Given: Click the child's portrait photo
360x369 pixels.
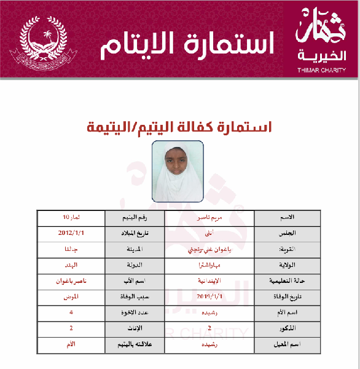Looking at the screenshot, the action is [178, 172].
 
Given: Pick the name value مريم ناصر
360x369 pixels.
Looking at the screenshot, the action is [209, 218].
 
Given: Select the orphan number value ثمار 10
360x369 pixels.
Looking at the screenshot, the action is [70, 218].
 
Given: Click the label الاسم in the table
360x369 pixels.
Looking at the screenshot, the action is [287, 218].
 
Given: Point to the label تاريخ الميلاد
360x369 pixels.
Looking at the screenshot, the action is [134, 234].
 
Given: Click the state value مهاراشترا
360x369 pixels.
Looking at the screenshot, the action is [209, 266].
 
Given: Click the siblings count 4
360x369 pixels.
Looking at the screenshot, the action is [71, 313].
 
